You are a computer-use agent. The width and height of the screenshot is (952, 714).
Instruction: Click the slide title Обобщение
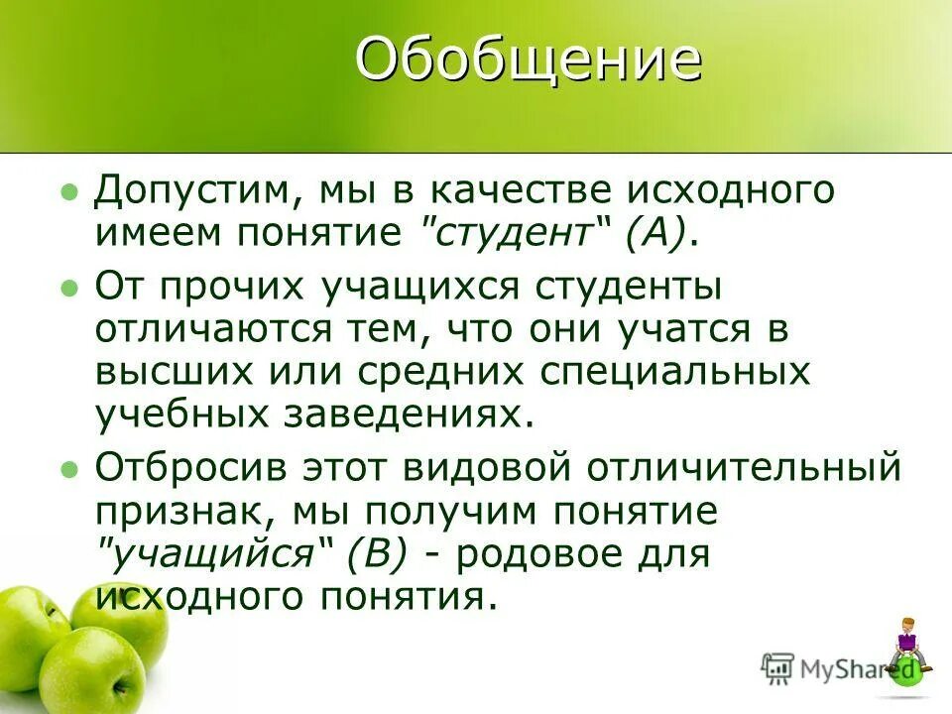[529, 61]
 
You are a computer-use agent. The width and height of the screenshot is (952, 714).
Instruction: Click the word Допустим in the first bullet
[193, 189]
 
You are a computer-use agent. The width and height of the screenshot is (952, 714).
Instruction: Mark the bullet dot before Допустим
[68, 190]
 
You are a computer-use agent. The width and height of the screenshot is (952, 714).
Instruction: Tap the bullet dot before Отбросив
[68, 468]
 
